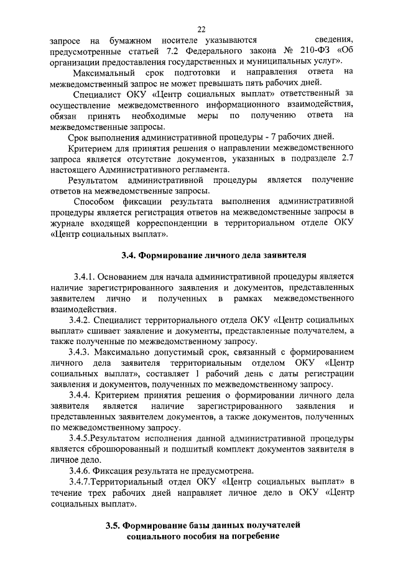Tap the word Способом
point(93,202)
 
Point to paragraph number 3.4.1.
point(83,276)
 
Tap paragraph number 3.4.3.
point(83,353)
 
